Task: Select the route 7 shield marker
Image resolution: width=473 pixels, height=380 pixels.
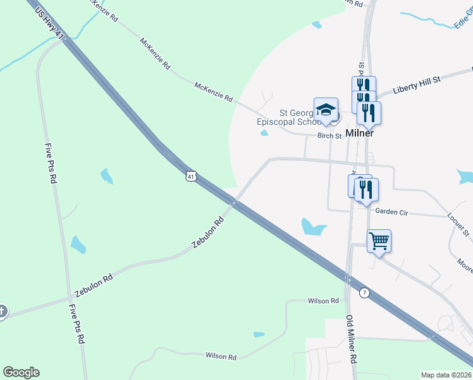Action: click(364, 293)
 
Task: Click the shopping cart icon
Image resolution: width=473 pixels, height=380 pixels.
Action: click(379, 241)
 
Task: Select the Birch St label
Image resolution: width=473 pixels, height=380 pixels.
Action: click(329, 136)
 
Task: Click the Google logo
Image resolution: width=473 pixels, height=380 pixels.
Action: click(21, 372)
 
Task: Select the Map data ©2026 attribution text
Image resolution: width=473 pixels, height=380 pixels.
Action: click(446, 375)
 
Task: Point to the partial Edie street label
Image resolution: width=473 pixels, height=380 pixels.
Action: click(464, 23)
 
